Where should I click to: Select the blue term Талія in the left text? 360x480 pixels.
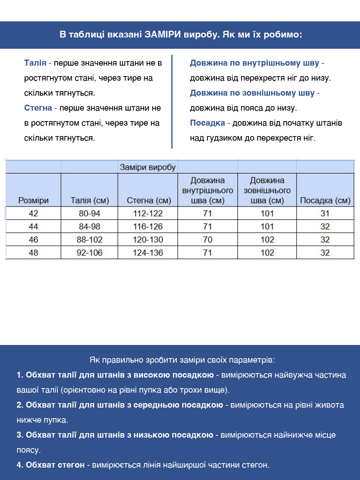[35, 63]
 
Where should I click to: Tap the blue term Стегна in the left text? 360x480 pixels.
[38, 108]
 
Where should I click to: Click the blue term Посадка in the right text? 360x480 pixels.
[207, 123]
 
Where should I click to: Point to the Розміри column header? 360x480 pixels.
[33, 200]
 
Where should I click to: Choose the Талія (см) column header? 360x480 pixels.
[90, 200]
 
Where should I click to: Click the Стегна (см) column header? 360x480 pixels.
[148, 200]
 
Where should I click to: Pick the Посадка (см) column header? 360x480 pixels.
[325, 200]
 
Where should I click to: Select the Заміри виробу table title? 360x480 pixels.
[148, 167]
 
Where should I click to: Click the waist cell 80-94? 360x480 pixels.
[90, 213]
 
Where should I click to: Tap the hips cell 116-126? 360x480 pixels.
[148, 226]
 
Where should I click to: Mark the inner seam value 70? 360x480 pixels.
[207, 240]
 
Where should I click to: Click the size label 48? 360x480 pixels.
[33, 253]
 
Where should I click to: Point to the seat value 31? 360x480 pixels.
[325, 213]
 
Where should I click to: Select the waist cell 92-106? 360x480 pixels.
[90, 253]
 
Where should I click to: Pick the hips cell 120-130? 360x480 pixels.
[148, 240]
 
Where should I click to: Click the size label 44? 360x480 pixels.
[33, 226]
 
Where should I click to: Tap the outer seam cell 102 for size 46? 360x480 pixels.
[267, 240]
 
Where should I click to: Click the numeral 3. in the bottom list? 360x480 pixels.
[20, 435]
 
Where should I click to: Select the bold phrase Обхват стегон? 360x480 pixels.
[55, 465]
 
